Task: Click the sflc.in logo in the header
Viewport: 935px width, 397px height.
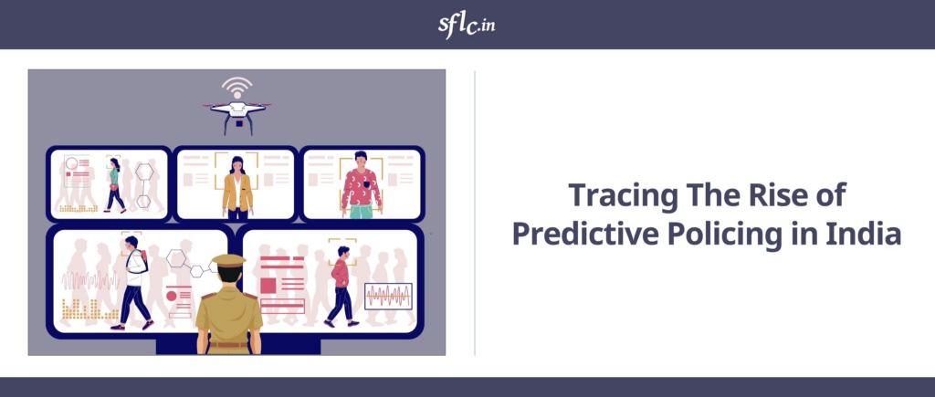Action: coord(467,25)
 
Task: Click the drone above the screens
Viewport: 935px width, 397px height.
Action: coord(237,116)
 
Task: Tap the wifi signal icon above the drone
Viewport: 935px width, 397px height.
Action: coord(237,88)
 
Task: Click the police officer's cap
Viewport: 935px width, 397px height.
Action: coord(229,260)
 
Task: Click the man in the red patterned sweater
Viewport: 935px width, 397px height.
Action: coord(361,184)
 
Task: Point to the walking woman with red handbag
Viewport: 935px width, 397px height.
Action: coord(115,185)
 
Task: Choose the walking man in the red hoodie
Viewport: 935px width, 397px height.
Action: coord(341,287)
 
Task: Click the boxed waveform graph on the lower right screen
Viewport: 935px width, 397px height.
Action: coord(388,297)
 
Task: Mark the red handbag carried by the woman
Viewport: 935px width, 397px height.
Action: coord(113,187)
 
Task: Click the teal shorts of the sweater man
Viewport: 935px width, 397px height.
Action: coord(362,212)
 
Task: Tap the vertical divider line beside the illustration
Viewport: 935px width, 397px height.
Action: coord(475,213)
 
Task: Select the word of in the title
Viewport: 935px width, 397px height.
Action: coord(833,194)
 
